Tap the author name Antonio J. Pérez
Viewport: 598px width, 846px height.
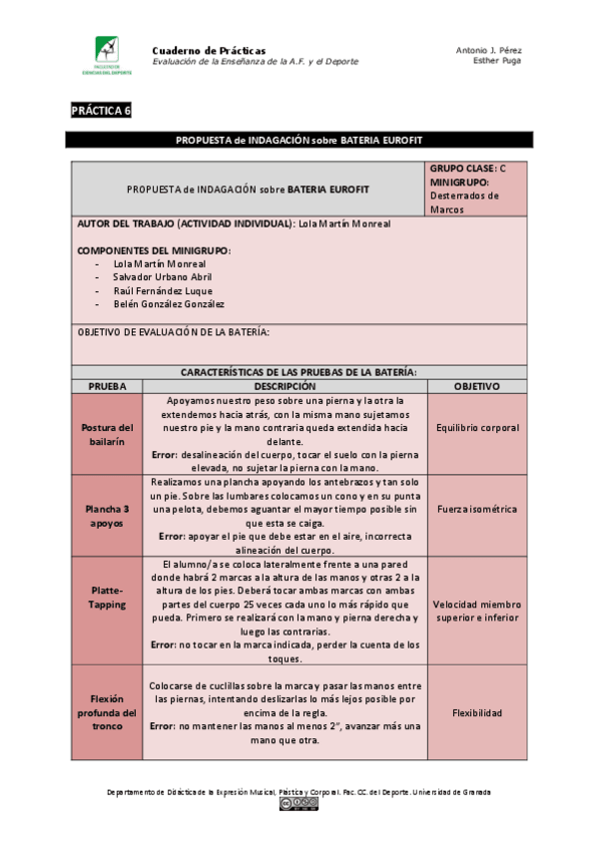coord(488,50)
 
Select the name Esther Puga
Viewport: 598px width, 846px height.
coord(497,62)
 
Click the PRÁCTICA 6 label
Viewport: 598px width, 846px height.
coord(101,111)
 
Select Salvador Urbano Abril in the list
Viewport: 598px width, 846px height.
coord(162,276)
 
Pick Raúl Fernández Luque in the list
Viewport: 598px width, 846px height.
coord(163,290)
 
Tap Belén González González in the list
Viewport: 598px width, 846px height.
coord(169,304)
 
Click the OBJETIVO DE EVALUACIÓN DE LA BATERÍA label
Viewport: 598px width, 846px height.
coord(174,332)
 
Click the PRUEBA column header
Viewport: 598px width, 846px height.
coord(107,386)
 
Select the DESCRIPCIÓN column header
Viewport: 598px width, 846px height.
coord(285,386)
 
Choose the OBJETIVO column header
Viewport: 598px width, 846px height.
coord(476,386)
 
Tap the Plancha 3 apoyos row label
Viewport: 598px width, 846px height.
coord(107,515)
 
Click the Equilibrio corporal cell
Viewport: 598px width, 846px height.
coord(477,428)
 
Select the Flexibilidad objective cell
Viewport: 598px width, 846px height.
coord(477,713)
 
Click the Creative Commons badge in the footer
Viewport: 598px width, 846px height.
coord(299,804)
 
